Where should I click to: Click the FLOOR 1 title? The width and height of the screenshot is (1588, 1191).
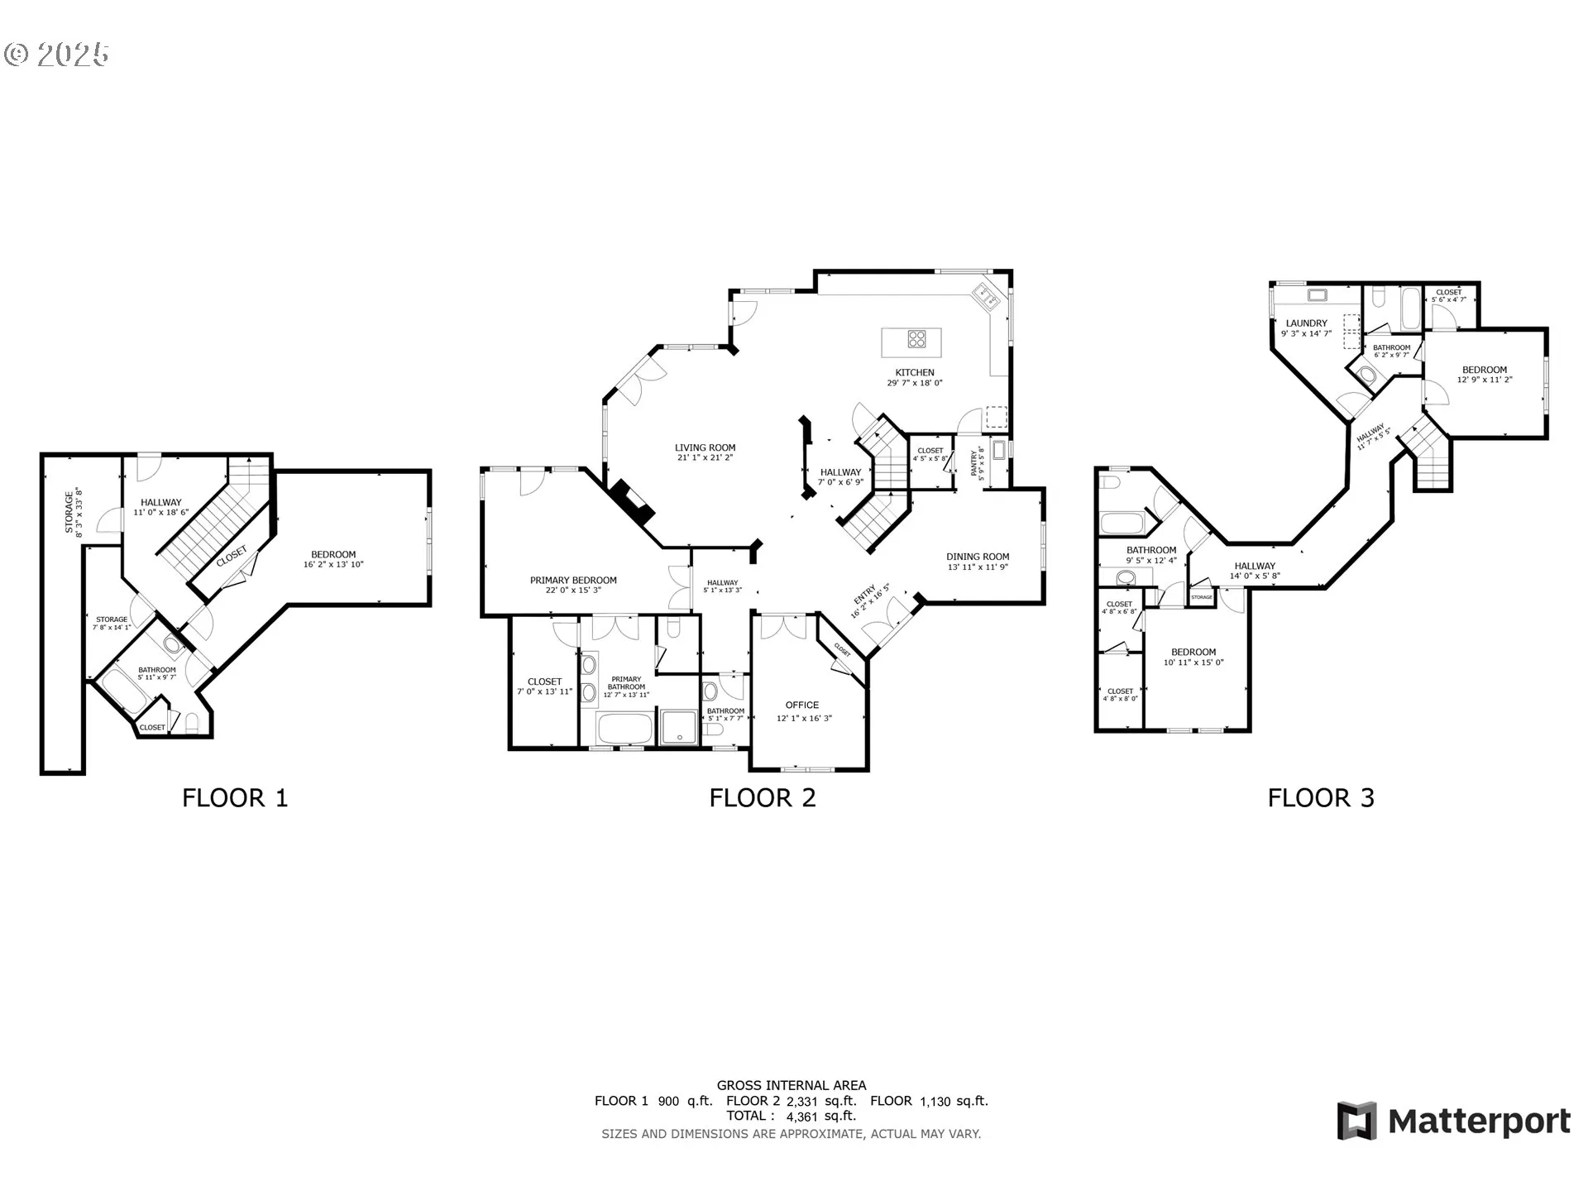click(235, 798)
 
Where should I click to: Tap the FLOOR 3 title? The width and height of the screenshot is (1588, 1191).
click(1321, 798)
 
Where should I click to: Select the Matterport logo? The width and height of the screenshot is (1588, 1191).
click(1453, 1122)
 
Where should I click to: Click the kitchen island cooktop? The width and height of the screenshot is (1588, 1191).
click(916, 338)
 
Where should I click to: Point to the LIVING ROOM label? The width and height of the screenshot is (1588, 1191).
click(705, 447)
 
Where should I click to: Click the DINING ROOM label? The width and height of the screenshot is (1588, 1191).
click(978, 557)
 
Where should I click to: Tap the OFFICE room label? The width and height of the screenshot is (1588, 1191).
click(802, 705)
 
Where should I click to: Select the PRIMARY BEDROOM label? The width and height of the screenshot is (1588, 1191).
click(573, 581)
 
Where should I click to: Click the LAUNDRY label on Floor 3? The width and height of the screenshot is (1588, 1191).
click(1306, 323)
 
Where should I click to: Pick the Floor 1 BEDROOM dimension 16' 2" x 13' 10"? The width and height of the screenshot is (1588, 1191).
click(333, 565)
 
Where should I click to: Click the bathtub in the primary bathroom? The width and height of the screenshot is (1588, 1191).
click(626, 729)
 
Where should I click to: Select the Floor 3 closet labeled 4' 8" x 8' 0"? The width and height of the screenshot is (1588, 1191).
click(1120, 694)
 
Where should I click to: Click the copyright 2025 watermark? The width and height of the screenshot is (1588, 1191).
click(56, 55)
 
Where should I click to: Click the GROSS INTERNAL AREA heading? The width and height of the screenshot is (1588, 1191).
click(791, 1085)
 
